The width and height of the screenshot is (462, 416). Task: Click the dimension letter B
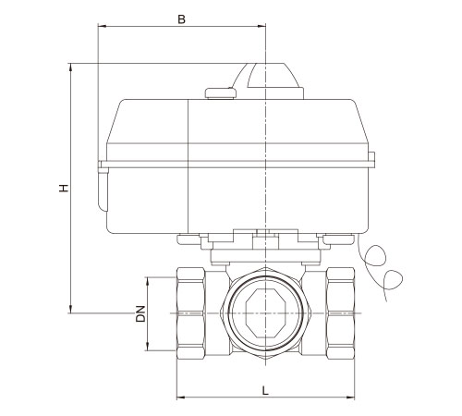[x=182, y=19]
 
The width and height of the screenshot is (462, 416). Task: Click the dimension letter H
[x=64, y=188]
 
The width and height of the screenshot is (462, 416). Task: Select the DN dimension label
[x=140, y=313]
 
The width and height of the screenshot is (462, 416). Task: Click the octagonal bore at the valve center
[x=265, y=313]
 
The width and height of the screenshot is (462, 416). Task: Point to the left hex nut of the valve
[x=191, y=313]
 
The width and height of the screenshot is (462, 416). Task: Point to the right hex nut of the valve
[x=340, y=313]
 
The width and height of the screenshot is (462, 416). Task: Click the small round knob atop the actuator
[x=221, y=93]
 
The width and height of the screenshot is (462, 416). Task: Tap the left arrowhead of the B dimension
[x=102, y=26]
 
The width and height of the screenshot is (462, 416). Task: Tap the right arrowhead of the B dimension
[x=261, y=26]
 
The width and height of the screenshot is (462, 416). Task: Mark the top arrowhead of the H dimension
[x=71, y=67]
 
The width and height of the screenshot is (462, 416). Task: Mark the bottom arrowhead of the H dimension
[x=71, y=309]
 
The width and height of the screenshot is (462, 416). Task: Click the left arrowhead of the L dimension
[x=181, y=397]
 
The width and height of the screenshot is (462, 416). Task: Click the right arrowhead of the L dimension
[x=350, y=397]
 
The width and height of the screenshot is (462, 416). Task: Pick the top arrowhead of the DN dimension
[x=148, y=281]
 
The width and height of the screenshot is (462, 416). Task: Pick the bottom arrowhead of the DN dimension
[x=148, y=347]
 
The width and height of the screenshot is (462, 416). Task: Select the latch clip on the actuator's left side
[x=103, y=186]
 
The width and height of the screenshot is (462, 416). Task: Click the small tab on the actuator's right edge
[x=371, y=160]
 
